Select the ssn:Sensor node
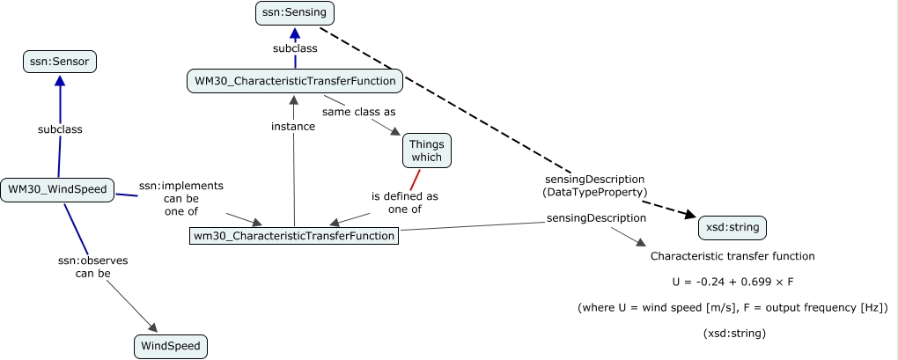click(x=60, y=62)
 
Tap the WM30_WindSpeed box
click(x=57, y=188)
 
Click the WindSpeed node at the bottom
click(x=172, y=347)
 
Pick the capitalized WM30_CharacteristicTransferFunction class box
click(x=296, y=82)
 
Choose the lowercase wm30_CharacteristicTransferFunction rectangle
click(x=295, y=235)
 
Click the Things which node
click(x=427, y=150)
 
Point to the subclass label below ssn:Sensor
click(x=60, y=129)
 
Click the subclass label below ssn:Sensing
click(x=295, y=48)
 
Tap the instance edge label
click(x=293, y=126)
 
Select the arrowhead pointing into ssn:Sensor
click(x=60, y=80)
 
